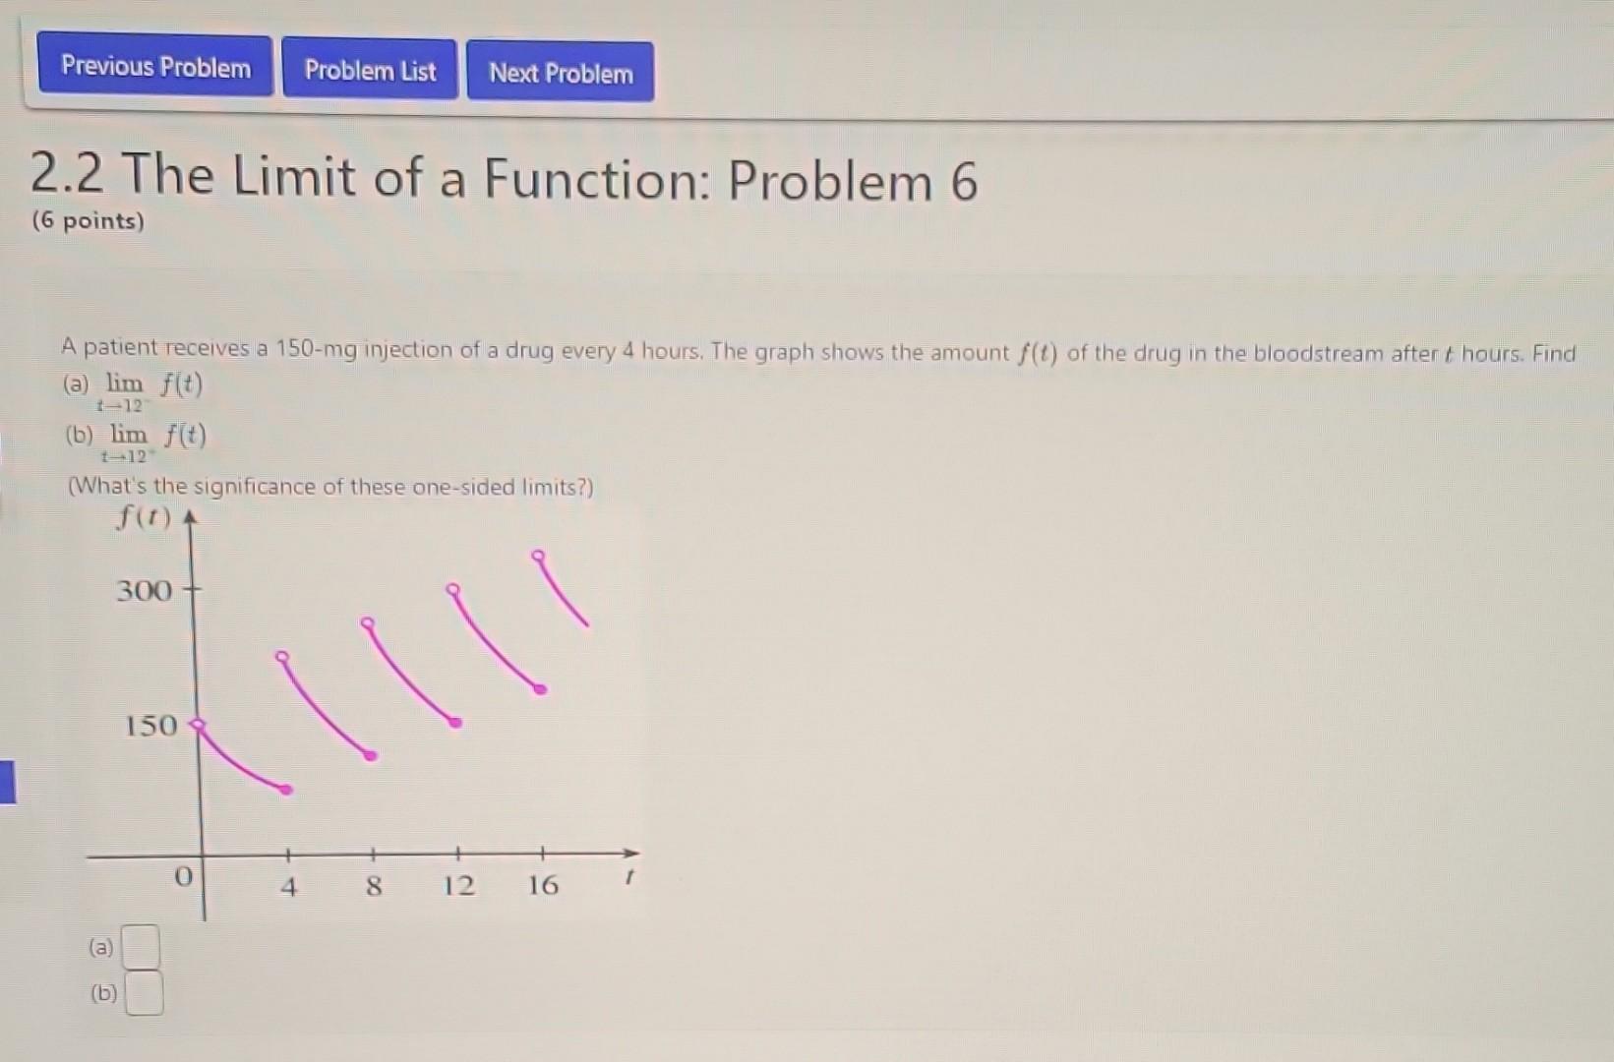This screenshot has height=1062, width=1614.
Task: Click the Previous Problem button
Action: (155, 67)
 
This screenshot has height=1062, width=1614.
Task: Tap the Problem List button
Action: (370, 70)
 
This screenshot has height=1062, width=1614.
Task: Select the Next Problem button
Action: (561, 73)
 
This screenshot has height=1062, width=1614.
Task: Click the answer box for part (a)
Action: (143, 948)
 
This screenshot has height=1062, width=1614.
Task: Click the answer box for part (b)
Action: (145, 992)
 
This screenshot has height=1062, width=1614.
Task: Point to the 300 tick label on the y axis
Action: (144, 591)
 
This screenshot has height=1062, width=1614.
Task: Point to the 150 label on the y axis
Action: (150, 726)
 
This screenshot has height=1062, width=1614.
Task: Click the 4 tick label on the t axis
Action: (288, 887)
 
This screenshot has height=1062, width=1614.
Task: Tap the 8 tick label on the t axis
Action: (374, 886)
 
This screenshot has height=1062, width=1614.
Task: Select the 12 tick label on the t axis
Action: (458, 885)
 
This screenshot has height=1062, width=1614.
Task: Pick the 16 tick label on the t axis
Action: (543, 885)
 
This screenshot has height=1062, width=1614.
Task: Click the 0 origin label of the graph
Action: (183, 875)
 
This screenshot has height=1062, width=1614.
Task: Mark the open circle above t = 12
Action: (452, 590)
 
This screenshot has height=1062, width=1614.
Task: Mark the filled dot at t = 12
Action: (455, 723)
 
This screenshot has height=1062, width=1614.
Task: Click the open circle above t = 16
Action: (537, 556)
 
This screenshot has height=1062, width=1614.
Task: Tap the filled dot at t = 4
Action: (286, 790)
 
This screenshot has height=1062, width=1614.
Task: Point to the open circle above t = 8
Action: (367, 623)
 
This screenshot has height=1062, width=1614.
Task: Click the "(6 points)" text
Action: (88, 220)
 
